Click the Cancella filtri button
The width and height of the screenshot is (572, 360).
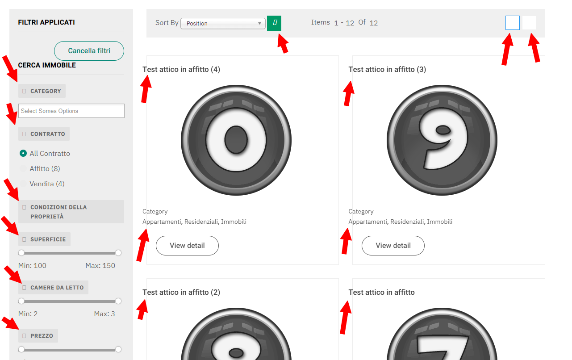point(89,51)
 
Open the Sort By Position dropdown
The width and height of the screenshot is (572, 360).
point(223,23)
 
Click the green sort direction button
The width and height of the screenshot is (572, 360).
point(274,23)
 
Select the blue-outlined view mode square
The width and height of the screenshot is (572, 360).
point(512,23)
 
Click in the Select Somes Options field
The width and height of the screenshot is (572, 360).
point(71,111)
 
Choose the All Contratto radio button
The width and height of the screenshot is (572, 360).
point(23,153)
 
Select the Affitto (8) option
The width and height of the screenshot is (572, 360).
point(45,169)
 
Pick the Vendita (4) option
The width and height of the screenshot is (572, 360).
point(47,184)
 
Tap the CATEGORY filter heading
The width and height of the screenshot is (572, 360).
point(42,91)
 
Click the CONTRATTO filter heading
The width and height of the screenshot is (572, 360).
point(44,134)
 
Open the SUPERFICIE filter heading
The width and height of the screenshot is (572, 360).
point(45,239)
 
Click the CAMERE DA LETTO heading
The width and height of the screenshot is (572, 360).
point(53,288)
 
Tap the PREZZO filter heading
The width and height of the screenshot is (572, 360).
point(38,336)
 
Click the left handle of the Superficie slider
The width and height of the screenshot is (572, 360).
point(21,253)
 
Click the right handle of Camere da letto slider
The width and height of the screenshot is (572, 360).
point(118,301)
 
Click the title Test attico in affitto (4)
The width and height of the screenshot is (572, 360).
point(181,70)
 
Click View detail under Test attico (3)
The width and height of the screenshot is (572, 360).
point(393,246)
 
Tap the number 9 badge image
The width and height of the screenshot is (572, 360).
point(442,140)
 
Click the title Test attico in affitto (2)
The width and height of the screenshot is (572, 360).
point(181,292)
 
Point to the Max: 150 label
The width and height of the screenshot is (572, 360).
point(100,266)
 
